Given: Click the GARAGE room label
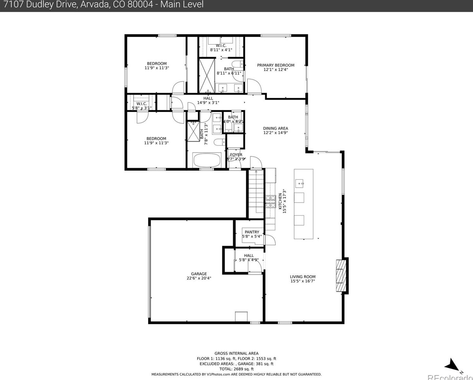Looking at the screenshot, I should click(199, 274).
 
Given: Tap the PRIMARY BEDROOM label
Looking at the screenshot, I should click(275, 65).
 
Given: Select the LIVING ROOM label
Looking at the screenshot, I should click(302, 277).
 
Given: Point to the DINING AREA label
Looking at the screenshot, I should click(275, 128).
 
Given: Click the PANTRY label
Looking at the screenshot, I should click(252, 232).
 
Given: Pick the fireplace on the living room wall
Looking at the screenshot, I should click(340, 275).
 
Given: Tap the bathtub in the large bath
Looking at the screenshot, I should click(207, 160).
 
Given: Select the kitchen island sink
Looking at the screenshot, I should click(300, 184).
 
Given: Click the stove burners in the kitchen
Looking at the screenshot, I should click(270, 202).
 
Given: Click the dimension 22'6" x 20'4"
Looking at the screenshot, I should click(199, 278).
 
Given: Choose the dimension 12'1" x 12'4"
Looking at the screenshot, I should click(275, 70).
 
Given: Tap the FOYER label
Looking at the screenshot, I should click(236, 155).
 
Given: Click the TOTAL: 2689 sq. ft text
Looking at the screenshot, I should click(236, 369).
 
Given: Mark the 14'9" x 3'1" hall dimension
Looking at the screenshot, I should click(208, 103).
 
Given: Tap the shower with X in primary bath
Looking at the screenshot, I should click(207, 76).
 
